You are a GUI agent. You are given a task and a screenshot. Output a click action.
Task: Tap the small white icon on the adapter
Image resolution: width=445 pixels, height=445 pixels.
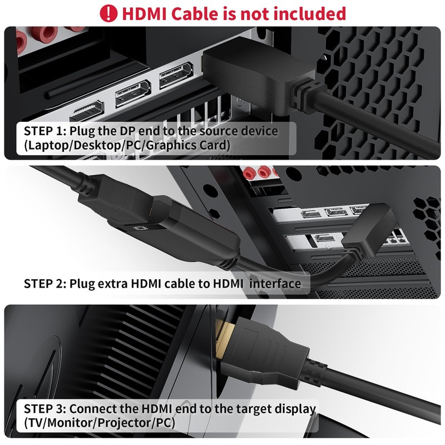[x=140, y=229]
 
